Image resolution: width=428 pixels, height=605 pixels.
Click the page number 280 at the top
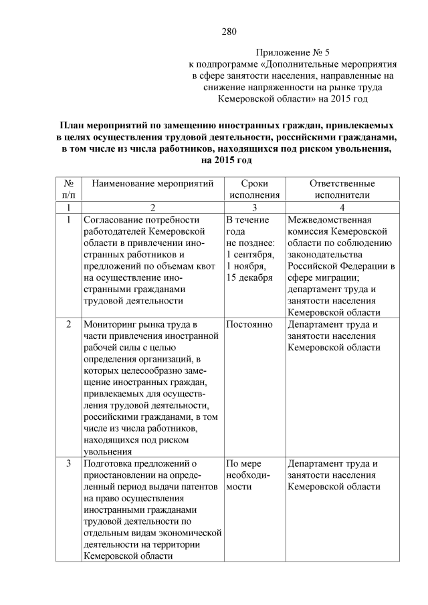[229, 31]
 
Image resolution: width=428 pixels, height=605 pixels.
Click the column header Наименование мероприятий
[152, 183]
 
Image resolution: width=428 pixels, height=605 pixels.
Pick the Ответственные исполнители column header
[342, 189]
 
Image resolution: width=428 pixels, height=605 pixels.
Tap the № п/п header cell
[68, 189]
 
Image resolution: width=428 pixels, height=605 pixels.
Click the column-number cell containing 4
[342, 207]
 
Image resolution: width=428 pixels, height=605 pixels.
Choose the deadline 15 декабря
[249, 277]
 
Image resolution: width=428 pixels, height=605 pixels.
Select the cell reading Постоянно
[249, 324]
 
